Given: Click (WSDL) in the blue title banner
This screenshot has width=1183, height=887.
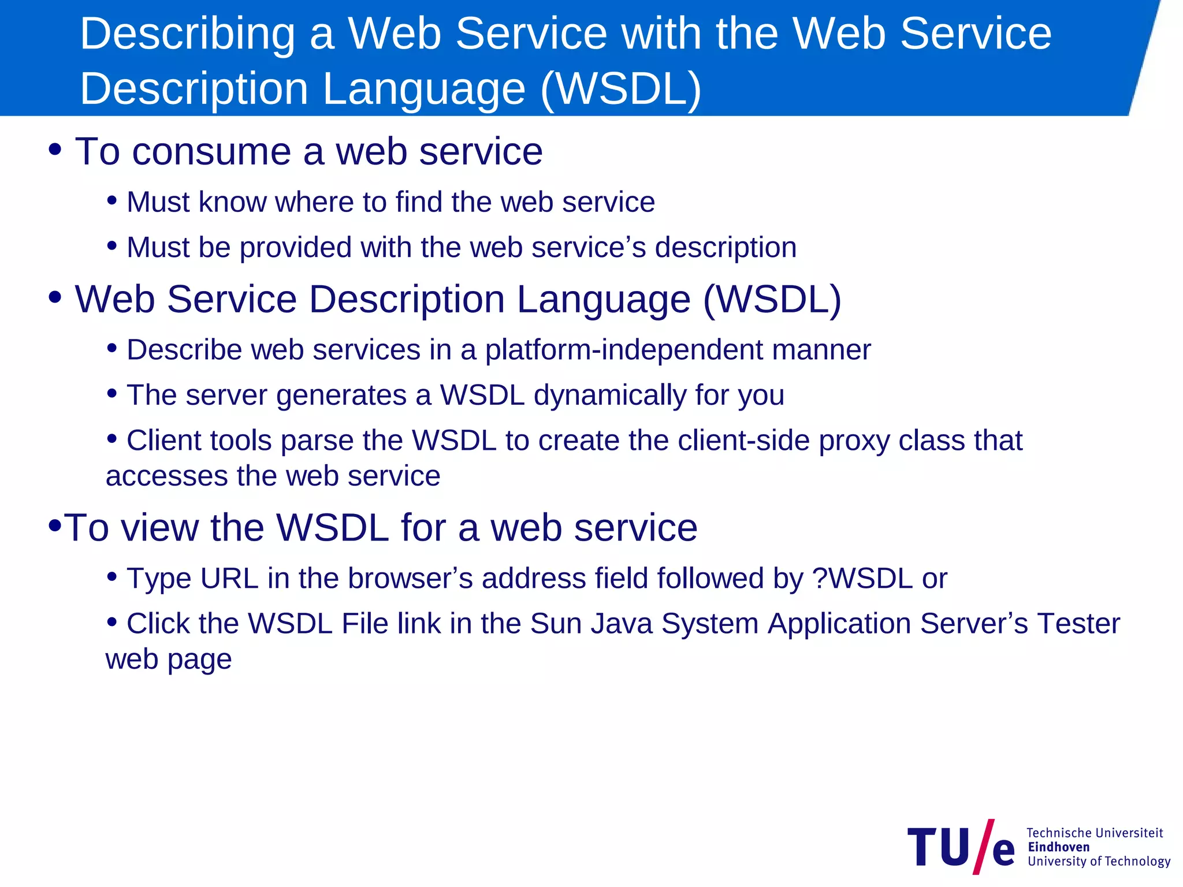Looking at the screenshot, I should point(621,89).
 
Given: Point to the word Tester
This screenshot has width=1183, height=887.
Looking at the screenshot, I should point(1078,624).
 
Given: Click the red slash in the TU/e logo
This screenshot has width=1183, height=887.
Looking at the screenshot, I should point(984,846).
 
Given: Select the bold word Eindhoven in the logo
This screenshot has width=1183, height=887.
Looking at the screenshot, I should point(1058,847).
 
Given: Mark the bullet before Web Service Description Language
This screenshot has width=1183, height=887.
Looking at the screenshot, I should point(55,298).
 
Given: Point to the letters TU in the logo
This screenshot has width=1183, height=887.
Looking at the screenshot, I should point(939,847).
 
